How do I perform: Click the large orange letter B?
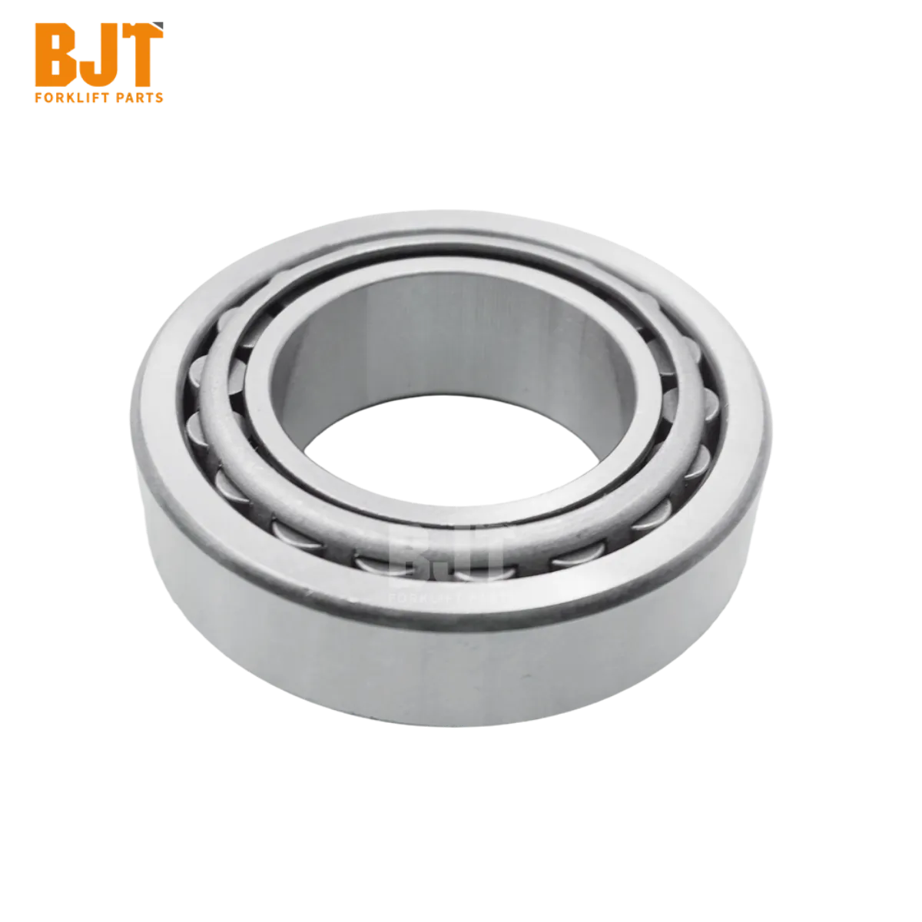pyautogui.click(x=55, y=55)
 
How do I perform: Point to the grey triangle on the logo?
pyautogui.click(x=158, y=26)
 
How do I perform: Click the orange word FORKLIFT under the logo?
pyautogui.click(x=68, y=98)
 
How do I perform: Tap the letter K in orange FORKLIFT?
pyautogui.click(x=63, y=98)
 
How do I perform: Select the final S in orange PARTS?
pyautogui.click(x=159, y=98)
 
